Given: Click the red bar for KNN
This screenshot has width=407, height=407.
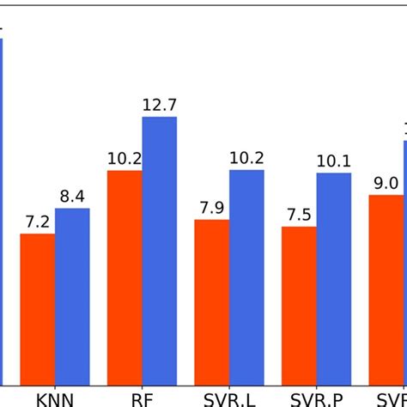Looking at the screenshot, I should click(x=38, y=309).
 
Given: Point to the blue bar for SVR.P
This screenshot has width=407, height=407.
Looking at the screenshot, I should click(x=334, y=279).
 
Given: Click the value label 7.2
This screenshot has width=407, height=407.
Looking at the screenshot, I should click(x=38, y=222).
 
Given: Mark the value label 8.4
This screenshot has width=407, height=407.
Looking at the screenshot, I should click(x=72, y=197).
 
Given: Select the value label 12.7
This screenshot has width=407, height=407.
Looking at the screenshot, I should click(x=160, y=106).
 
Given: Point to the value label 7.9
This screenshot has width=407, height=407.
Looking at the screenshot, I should click(x=211, y=208).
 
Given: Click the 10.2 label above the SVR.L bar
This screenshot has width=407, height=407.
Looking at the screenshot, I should click(x=246, y=158).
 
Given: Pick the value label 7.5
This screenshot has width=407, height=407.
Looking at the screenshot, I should click(x=299, y=215).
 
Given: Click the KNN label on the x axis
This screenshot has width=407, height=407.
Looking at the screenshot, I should click(x=55, y=399).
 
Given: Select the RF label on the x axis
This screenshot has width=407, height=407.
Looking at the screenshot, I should click(x=142, y=399).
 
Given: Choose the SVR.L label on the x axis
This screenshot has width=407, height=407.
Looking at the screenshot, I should click(x=229, y=399).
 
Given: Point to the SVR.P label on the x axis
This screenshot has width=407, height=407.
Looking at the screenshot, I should click(x=316, y=399).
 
